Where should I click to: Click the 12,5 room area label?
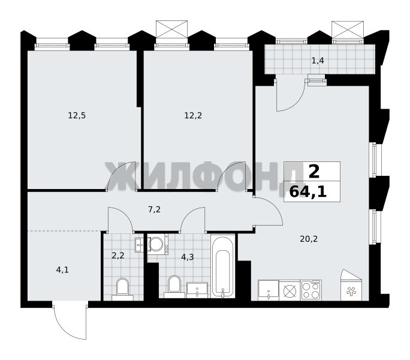[x=77, y=115]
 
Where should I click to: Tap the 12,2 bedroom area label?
[x=193, y=115]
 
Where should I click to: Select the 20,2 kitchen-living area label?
[x=309, y=239]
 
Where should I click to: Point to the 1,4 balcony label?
[x=318, y=61]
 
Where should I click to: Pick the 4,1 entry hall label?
[x=62, y=270]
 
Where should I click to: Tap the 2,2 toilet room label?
[x=118, y=255]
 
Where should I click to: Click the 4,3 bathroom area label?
[x=188, y=257]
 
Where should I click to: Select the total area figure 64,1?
[x=308, y=192]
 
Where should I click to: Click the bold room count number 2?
[x=314, y=172]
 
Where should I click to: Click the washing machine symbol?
[x=158, y=244]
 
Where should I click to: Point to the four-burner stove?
[x=311, y=290]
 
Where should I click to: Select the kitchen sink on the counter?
[x=269, y=290]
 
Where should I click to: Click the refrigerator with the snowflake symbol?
[x=351, y=285]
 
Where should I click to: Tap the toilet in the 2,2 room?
[x=123, y=289]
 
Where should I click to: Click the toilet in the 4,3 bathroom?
[x=174, y=287]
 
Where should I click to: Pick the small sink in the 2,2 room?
[x=139, y=245]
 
